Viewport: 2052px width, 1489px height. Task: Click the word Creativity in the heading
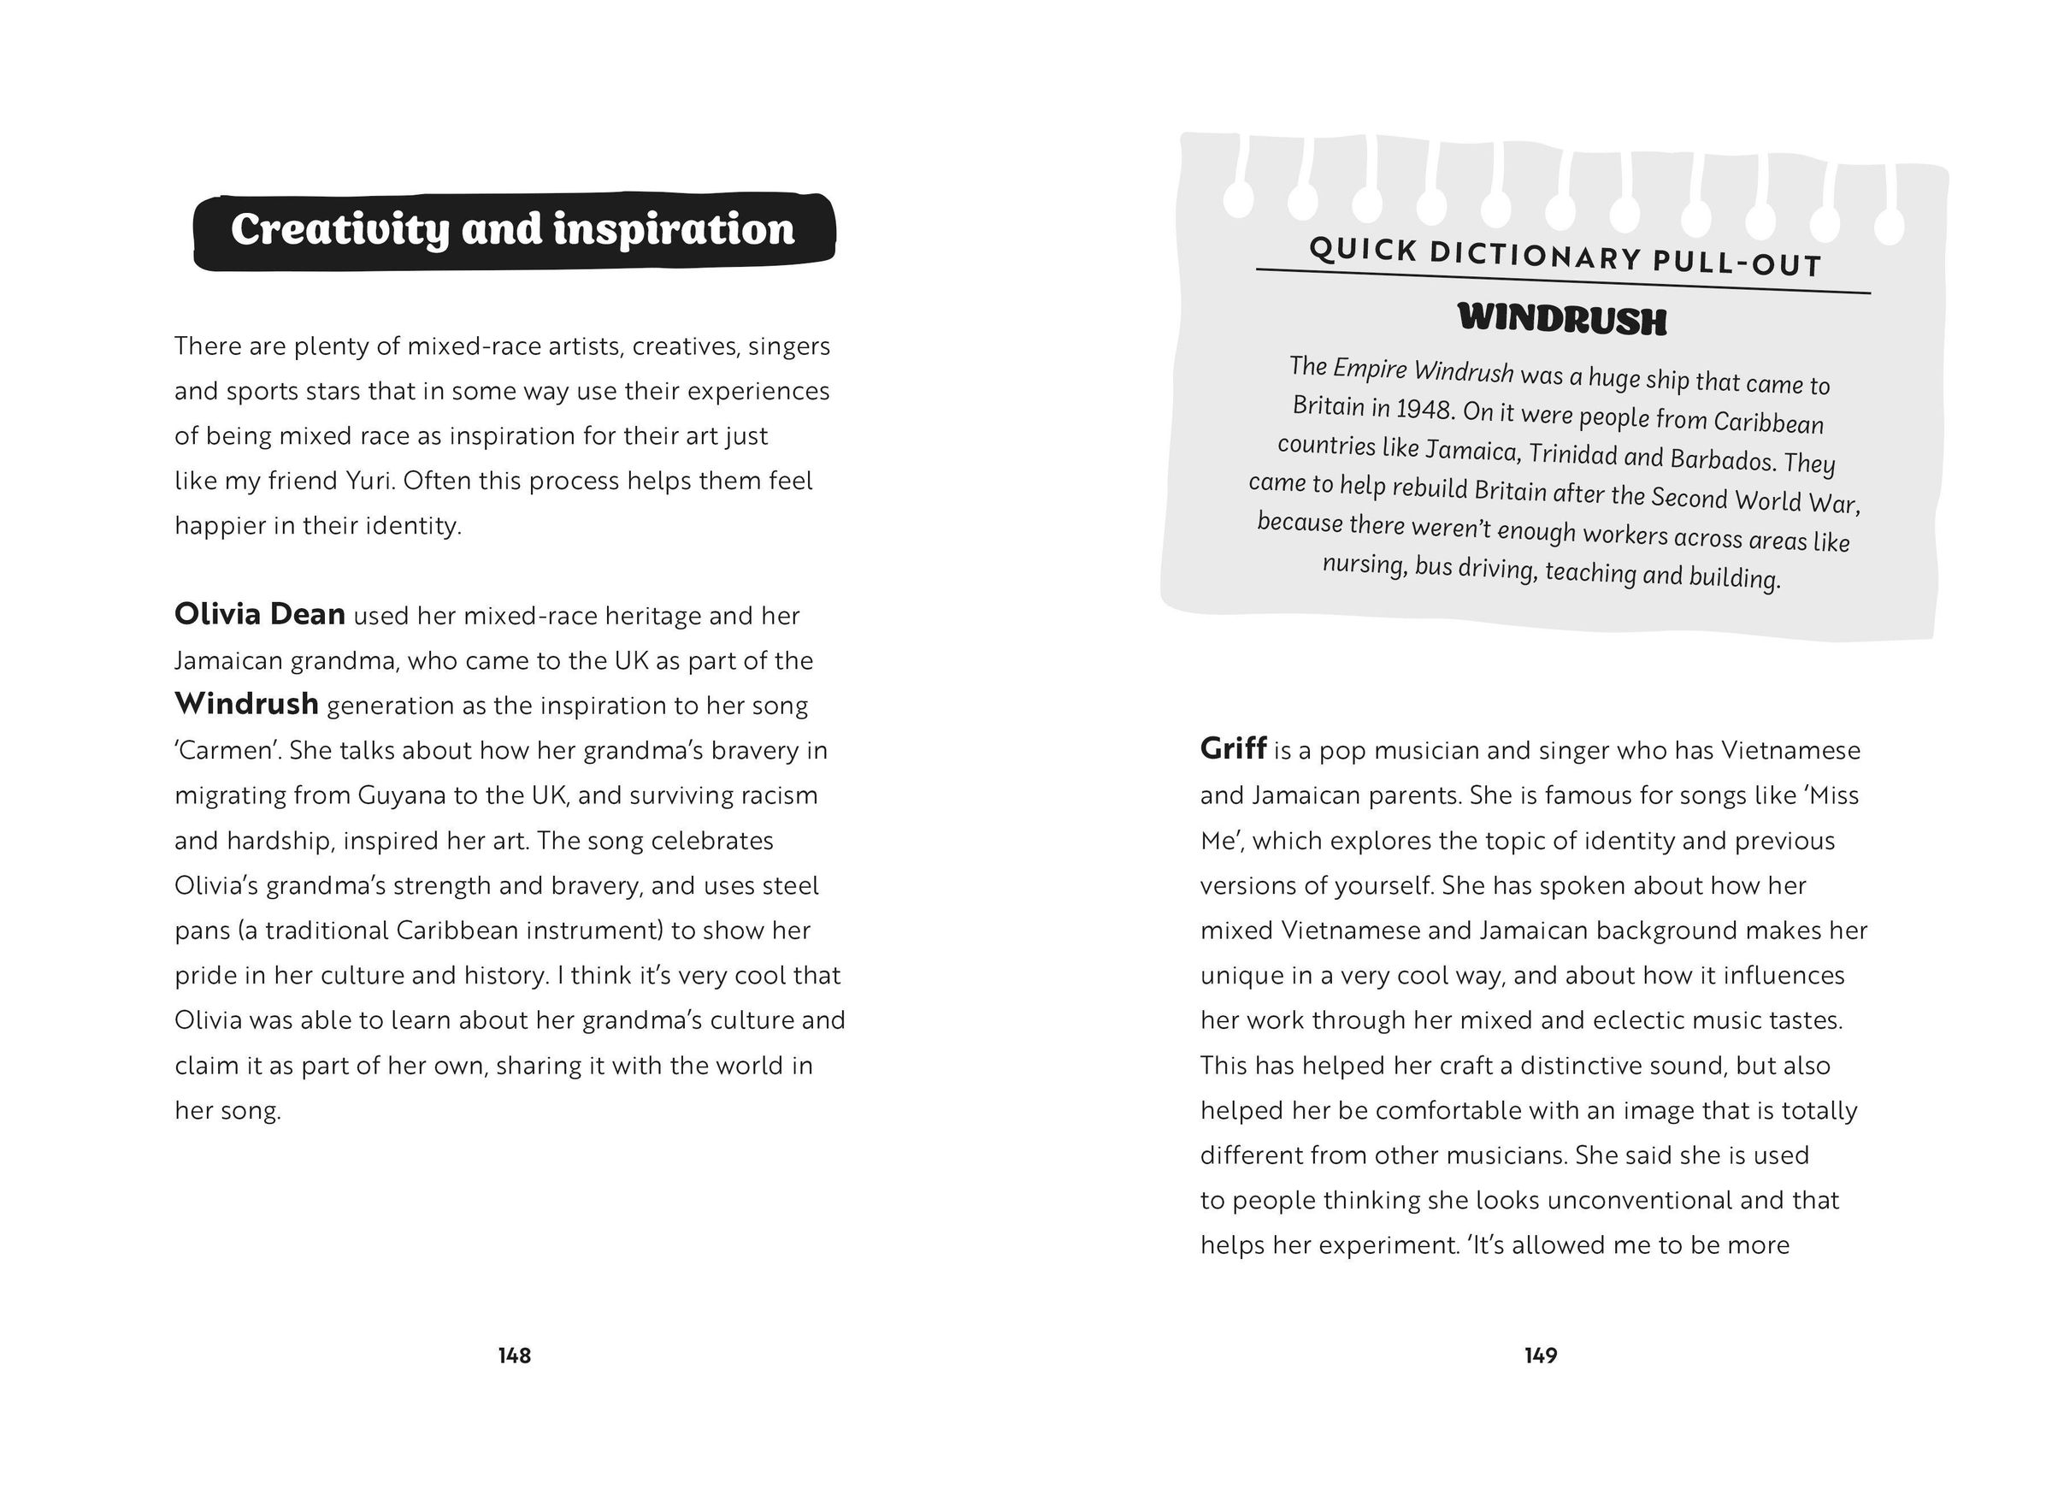(339, 229)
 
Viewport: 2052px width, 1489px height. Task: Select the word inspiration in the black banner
(673, 229)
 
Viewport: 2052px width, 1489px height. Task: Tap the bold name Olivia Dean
(260, 615)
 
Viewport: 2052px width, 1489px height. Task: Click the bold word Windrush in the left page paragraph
(246, 704)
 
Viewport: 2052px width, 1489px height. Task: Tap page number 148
(514, 1355)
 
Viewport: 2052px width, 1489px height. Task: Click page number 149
(1540, 1355)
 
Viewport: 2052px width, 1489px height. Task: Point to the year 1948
(1424, 409)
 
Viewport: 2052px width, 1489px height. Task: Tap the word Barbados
(1722, 460)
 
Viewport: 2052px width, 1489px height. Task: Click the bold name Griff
(1232, 748)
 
